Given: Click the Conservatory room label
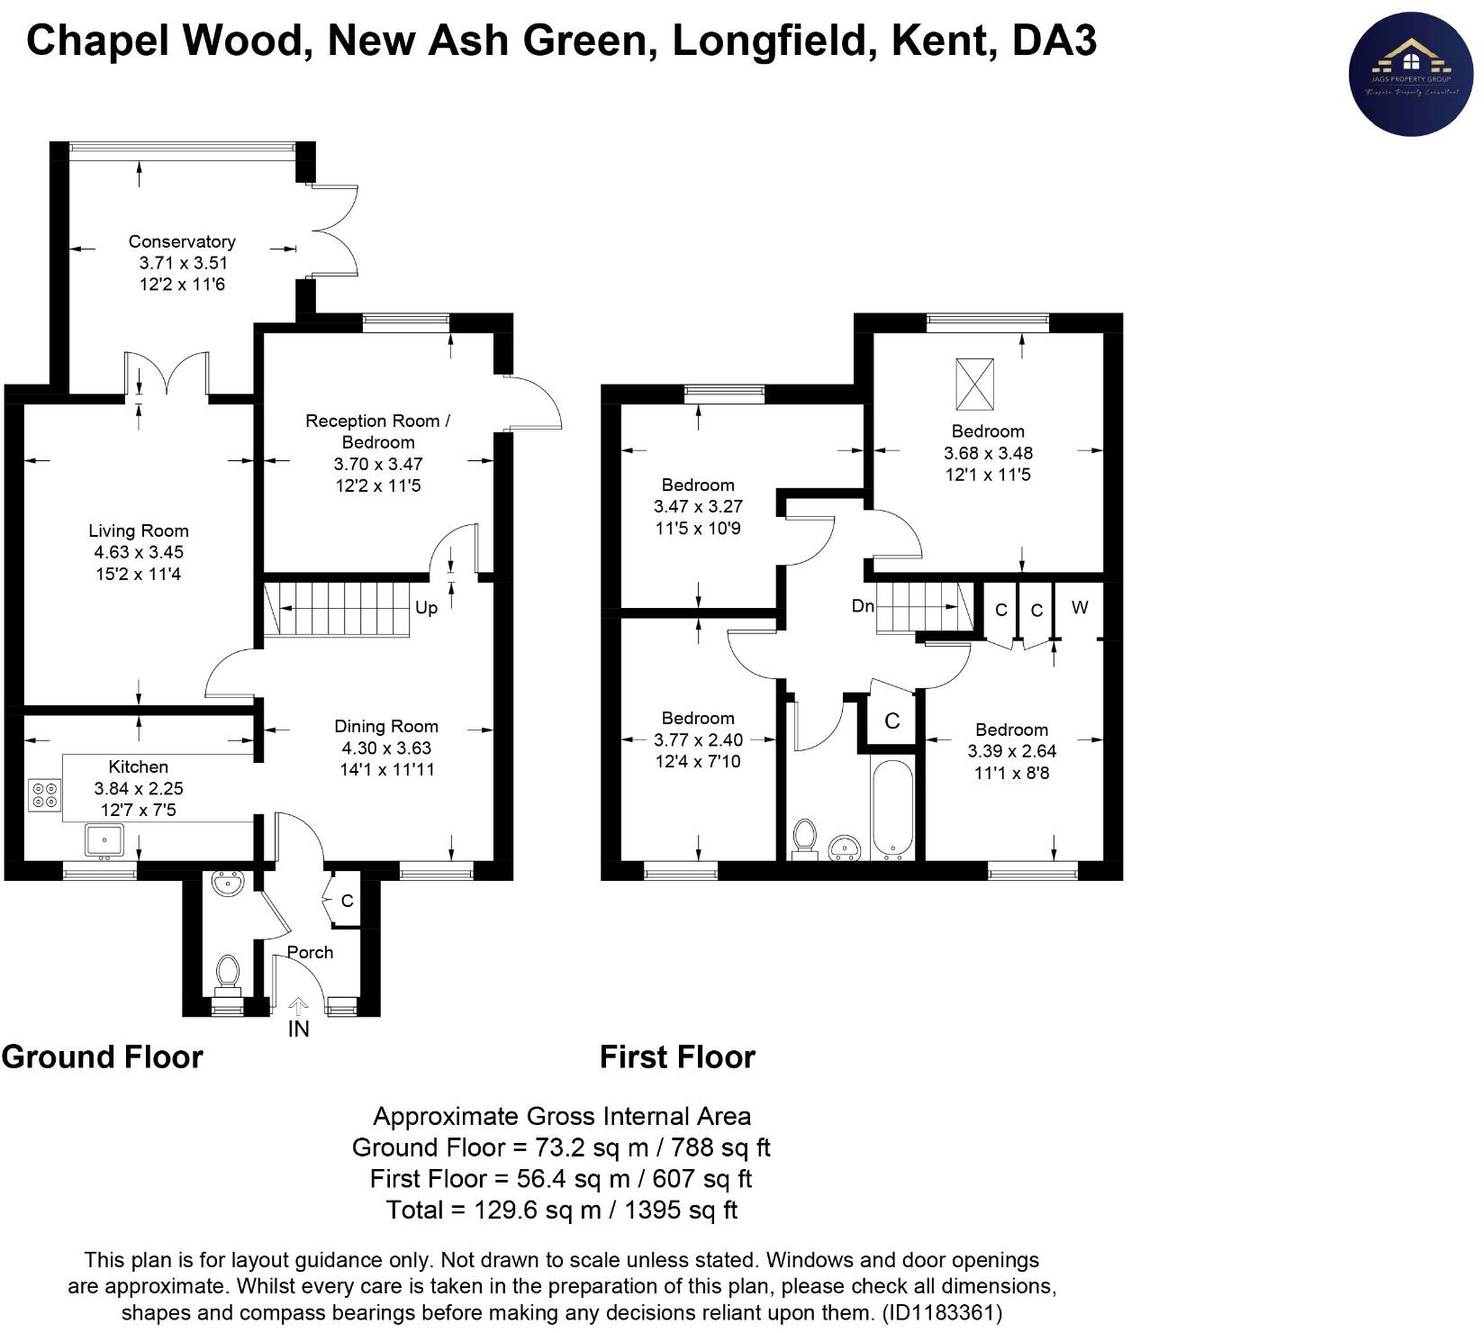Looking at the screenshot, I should (x=182, y=241).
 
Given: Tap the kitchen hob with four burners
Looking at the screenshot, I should (x=44, y=793).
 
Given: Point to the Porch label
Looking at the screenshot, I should (x=310, y=952).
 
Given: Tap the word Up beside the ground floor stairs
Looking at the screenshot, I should (x=426, y=608).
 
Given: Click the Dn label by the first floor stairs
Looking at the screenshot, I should (x=863, y=606).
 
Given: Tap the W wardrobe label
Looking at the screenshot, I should (x=1080, y=607).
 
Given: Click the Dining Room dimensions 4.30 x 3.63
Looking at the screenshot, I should (x=386, y=748).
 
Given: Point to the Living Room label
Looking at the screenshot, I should (x=139, y=530).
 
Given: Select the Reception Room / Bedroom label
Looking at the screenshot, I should (x=378, y=431).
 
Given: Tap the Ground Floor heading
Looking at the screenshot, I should (x=103, y=1056).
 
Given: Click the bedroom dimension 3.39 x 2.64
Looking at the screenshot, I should (x=1011, y=751).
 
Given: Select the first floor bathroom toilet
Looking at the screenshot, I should (x=803, y=836).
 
